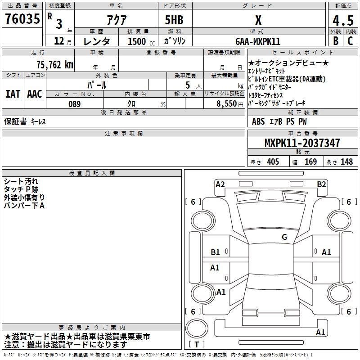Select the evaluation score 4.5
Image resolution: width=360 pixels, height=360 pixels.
[342, 20]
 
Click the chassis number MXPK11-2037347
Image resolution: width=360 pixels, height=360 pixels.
[302, 143]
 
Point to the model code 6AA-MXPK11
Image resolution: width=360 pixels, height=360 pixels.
[258, 41]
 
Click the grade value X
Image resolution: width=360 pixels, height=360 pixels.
[258, 20]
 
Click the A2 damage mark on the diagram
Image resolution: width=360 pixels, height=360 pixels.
[220, 184]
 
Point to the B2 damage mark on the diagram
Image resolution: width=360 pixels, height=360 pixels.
[321, 184]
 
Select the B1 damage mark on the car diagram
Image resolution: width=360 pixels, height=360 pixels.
[216, 252]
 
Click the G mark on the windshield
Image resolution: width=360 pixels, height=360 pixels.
[284, 237]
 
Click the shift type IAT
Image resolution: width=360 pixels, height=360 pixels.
[13, 94]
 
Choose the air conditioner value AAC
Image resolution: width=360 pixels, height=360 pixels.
[35, 94]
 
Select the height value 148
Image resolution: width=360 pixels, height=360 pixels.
[346, 162]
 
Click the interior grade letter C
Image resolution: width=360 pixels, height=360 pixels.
[350, 41]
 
